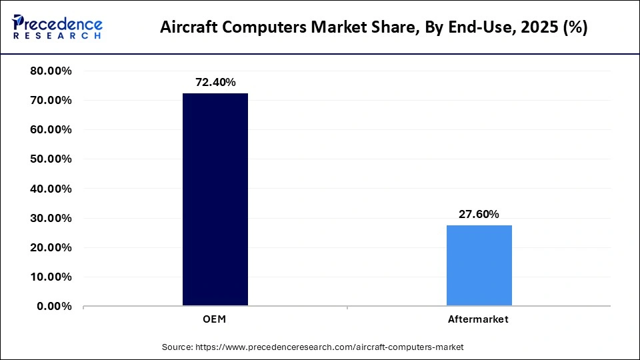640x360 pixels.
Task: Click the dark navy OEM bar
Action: (x=215, y=199)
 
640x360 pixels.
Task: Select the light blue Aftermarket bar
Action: (x=479, y=265)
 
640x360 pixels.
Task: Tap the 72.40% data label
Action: (x=215, y=82)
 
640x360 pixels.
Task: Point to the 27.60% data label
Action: (x=479, y=214)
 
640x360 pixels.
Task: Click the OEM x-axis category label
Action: (x=215, y=319)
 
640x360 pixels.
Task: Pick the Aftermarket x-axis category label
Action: (x=479, y=319)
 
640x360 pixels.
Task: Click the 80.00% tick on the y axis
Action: (x=51, y=71)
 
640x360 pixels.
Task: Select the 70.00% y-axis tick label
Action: (x=51, y=100)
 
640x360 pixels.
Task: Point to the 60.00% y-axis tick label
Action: (x=51, y=129)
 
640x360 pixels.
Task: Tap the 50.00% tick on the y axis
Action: (x=51, y=159)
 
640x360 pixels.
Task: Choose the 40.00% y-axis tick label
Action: (x=51, y=189)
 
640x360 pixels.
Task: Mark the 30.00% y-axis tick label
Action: (x=51, y=218)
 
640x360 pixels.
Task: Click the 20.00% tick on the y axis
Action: (x=51, y=247)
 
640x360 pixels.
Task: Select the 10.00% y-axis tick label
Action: (x=51, y=277)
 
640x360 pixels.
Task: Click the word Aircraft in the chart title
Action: (x=189, y=28)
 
